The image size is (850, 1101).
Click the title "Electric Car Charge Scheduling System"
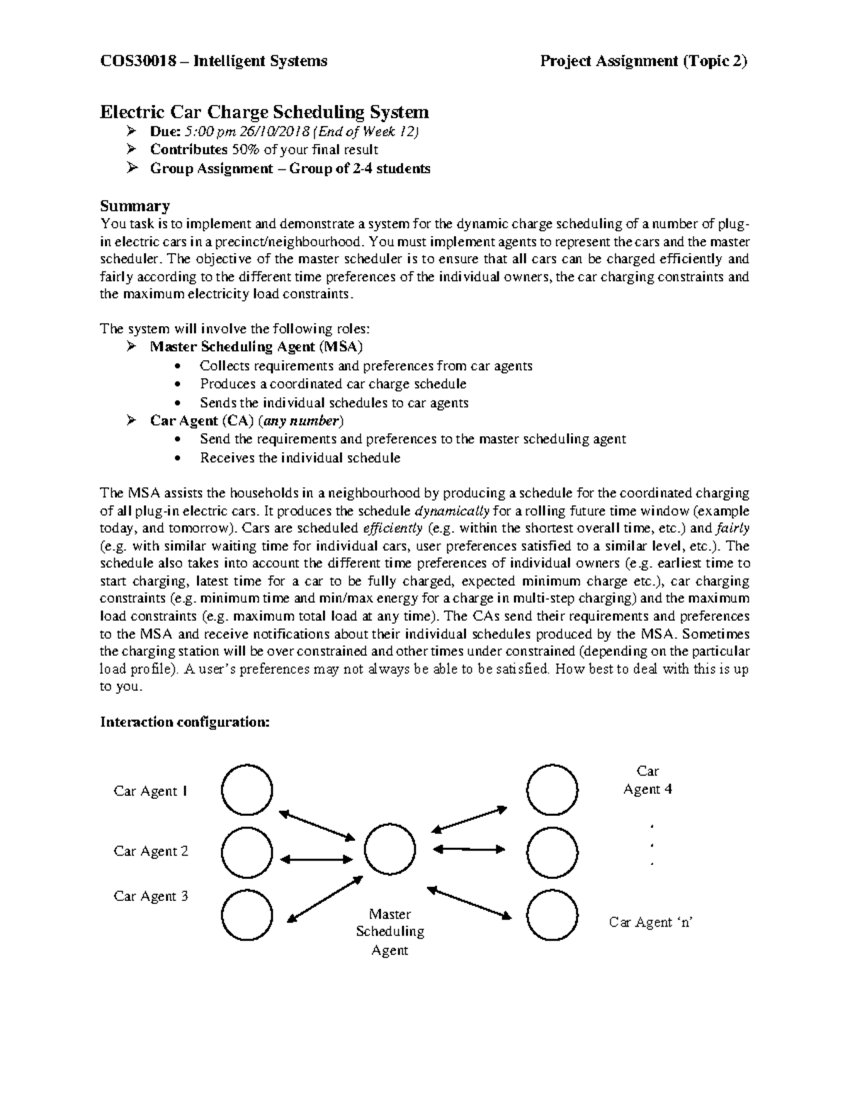(x=264, y=112)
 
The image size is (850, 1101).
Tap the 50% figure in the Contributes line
(x=244, y=150)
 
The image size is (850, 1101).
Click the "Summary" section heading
(x=135, y=206)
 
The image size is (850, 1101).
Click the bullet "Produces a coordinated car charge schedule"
(x=333, y=384)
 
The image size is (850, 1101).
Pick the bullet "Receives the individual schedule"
(x=300, y=458)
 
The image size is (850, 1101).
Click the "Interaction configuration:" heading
(x=185, y=722)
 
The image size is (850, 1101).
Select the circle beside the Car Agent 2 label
(x=246, y=851)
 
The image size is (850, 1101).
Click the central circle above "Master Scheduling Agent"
(x=390, y=849)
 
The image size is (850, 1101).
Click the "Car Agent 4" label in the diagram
(x=647, y=780)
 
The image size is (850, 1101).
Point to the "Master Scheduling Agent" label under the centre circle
(x=390, y=932)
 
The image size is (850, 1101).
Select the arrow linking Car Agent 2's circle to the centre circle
(x=317, y=859)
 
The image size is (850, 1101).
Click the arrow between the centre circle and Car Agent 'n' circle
(x=470, y=902)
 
